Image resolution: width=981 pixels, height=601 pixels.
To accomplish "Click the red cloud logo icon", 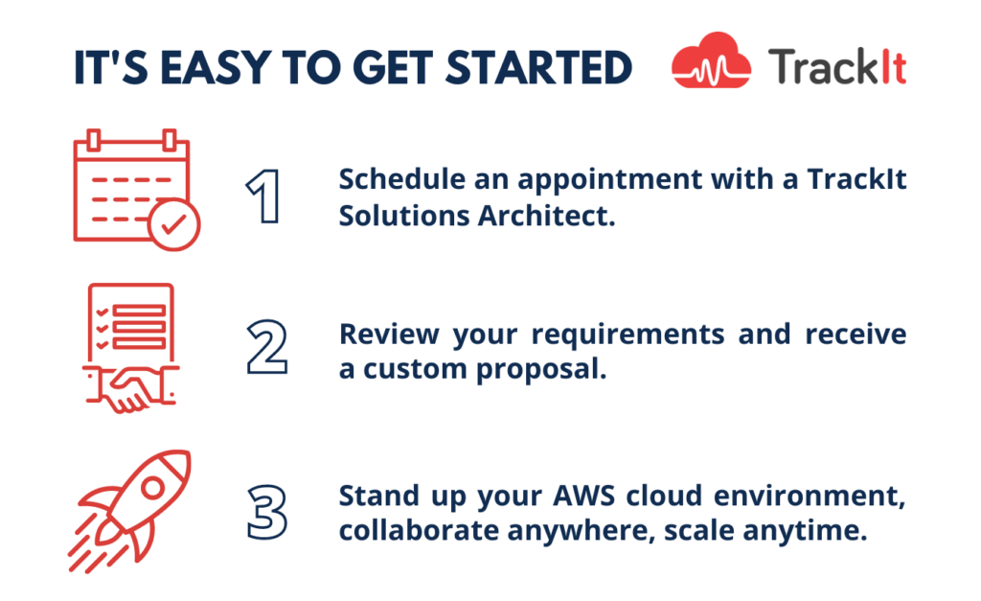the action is pos(711,60).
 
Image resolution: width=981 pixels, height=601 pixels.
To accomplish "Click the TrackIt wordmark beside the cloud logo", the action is pos(837,66).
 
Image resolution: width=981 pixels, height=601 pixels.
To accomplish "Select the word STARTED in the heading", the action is pos(538,68).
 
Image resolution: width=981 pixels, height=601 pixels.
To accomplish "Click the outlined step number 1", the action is pos(264,196).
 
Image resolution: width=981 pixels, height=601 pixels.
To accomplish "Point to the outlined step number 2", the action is pos(266,347).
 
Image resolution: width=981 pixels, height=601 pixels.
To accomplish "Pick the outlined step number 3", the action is pos(267,512).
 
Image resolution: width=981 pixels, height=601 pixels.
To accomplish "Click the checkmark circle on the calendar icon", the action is pos(174,224).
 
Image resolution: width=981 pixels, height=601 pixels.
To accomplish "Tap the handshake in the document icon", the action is pos(130,389).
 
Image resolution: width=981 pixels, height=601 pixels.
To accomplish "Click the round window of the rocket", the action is pos(152,488).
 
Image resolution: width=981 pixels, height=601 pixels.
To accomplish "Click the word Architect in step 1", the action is pos(547,216).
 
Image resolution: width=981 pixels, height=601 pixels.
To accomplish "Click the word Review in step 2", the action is pos(389,334).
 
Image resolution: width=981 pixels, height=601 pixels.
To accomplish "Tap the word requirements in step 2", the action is pos(627,335).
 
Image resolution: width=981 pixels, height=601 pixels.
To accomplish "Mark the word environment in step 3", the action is pos(810,497).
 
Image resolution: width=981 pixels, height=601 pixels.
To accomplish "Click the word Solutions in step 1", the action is pos(404,216).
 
